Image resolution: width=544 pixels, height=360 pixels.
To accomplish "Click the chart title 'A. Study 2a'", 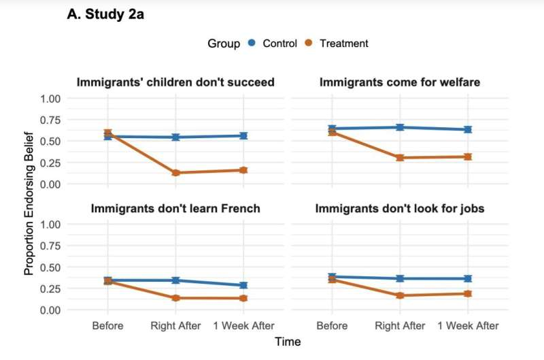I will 105,14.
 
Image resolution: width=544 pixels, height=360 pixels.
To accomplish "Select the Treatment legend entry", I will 336,44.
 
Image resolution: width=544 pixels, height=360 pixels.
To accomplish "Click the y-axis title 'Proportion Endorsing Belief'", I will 29,204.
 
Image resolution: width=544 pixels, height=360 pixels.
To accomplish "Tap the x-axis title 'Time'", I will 288,342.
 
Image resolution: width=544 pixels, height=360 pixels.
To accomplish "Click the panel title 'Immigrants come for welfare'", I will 400,82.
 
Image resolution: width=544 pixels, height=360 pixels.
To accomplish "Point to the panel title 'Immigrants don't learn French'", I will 175,208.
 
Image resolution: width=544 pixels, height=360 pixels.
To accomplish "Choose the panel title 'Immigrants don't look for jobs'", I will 400,208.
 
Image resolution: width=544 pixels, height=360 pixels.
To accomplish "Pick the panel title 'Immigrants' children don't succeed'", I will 175,82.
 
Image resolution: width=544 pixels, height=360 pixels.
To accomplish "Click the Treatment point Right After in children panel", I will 175,173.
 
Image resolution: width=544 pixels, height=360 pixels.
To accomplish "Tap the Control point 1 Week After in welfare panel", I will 468,129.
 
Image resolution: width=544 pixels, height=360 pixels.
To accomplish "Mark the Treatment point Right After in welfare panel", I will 400,157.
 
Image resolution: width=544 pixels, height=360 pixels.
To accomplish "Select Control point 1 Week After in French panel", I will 243,285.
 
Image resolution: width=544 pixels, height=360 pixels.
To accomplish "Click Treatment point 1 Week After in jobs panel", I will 468,294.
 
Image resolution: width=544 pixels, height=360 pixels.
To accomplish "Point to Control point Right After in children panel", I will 175,137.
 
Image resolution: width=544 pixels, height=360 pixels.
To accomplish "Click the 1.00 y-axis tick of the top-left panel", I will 50,99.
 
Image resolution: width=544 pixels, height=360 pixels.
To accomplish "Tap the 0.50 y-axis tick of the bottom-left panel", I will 50,267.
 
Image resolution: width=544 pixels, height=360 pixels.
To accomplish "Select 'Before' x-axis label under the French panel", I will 108,326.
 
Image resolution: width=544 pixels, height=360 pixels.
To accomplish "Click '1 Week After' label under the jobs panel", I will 468,326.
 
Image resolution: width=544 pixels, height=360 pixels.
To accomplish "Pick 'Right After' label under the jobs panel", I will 400,326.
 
